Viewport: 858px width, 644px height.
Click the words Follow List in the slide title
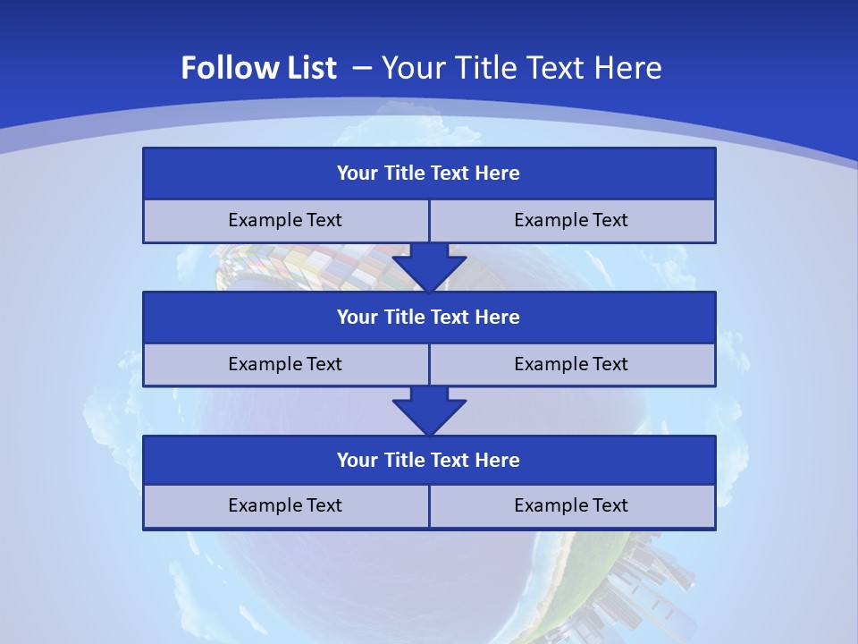(258, 68)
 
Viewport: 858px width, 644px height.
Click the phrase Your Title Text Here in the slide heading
(522, 68)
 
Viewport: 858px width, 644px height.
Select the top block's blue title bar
(429, 174)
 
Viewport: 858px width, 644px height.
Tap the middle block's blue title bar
(429, 318)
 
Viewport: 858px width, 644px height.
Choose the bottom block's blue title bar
(429, 461)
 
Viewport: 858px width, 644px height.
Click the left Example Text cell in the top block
(285, 221)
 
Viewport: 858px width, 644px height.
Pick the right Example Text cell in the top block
(572, 221)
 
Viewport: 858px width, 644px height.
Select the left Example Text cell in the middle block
(285, 364)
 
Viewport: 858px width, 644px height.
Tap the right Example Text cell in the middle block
(572, 364)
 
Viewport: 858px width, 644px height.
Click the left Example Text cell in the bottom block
(285, 506)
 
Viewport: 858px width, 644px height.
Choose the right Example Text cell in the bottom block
(572, 506)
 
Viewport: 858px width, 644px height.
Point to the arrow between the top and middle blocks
(429, 267)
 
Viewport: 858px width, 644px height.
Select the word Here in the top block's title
(498, 174)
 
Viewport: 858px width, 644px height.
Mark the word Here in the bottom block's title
(498, 461)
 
